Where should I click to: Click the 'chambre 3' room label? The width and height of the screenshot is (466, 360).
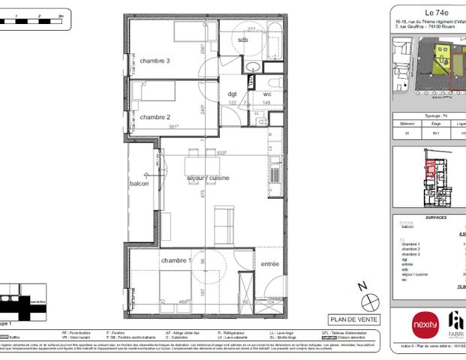154,61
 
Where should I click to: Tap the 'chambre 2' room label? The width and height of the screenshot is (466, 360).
155,117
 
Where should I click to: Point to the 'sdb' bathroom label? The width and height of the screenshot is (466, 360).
242,40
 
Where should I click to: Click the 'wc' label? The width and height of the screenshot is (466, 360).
266,94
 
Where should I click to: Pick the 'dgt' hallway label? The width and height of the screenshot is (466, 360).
232,94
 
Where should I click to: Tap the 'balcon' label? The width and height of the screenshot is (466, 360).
139,184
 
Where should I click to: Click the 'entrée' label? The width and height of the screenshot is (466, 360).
269,264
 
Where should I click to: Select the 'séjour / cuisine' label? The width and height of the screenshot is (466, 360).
208,178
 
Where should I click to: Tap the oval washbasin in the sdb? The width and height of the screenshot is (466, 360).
253,67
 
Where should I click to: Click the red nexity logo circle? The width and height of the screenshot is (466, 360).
422,324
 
